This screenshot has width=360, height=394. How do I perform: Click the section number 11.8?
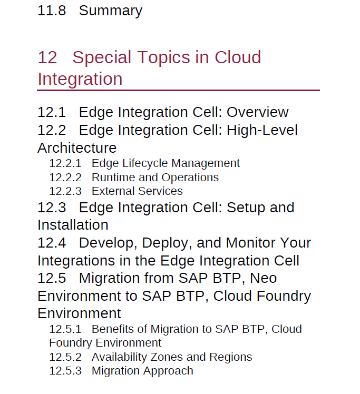(52, 11)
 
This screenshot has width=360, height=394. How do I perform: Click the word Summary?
(111, 12)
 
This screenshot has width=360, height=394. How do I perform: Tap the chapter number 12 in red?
(47, 57)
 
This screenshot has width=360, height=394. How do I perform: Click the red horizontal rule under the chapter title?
(178, 90)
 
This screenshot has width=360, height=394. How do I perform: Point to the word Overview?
(258, 112)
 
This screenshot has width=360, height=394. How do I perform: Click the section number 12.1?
(52, 112)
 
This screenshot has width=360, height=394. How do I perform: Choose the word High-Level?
(262, 131)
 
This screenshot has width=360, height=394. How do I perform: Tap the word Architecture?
(77, 147)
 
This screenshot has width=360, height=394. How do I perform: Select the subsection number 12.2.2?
(65, 178)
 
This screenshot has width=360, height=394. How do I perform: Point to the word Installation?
(73, 225)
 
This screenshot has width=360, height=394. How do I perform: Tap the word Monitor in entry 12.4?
(251, 243)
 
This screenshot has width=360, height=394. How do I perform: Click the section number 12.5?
(52, 278)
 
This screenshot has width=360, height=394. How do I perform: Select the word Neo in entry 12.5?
(263, 278)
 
